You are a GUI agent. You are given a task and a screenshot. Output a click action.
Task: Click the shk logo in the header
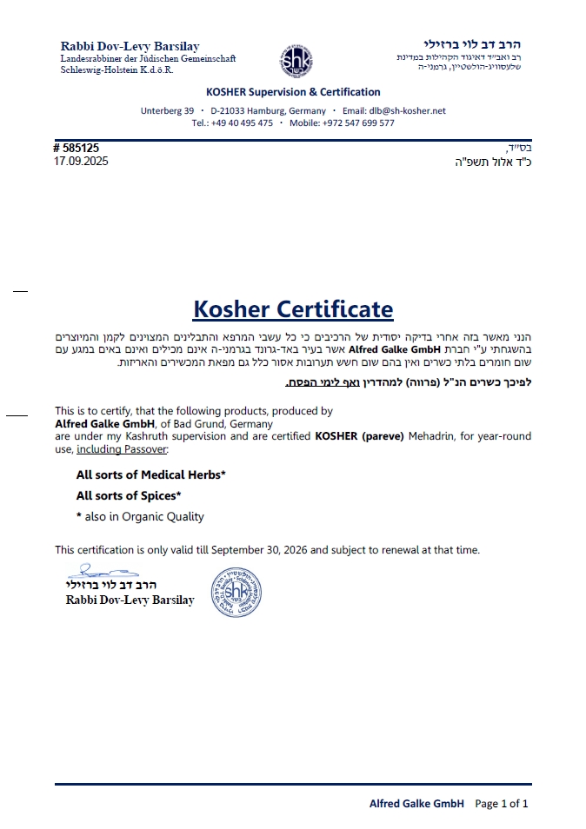point(296,61)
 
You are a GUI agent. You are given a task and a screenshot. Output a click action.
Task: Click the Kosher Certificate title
point(293,309)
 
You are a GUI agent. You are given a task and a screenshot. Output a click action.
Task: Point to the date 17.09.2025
point(81,162)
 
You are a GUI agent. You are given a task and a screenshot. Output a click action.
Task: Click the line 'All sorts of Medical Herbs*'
point(151,475)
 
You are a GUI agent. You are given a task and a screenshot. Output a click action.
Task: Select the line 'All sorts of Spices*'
point(129,496)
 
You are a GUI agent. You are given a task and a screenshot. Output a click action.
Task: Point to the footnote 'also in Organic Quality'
point(144,517)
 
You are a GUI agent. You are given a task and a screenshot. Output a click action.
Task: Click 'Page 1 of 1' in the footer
point(502,804)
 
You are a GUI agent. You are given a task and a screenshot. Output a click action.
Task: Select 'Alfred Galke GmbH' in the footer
point(416,804)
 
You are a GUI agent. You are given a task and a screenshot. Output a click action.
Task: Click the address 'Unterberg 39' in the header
point(167,111)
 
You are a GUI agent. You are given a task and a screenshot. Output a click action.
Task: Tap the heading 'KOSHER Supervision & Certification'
point(293,92)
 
